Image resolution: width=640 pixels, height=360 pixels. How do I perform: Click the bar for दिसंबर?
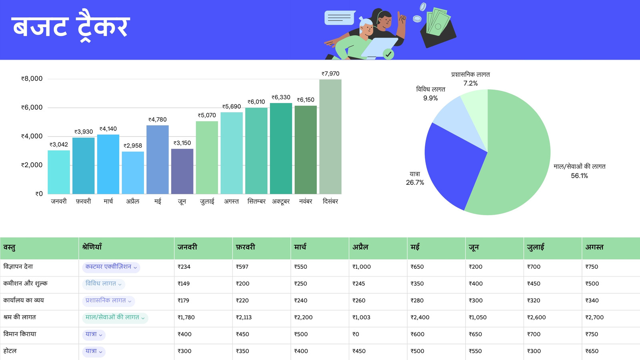(x=330, y=136)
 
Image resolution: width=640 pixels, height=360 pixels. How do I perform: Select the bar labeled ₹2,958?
(x=133, y=172)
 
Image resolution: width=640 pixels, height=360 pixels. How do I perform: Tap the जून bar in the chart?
(x=182, y=171)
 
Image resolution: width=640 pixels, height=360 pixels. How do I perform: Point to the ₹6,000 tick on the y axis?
(x=32, y=108)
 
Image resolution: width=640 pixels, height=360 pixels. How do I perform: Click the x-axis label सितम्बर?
(x=256, y=202)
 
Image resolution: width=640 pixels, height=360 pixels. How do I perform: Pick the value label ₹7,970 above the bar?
(x=330, y=74)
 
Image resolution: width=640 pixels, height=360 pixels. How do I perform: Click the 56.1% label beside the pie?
(x=579, y=176)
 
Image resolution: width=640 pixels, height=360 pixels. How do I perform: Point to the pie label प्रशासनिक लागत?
(x=470, y=74)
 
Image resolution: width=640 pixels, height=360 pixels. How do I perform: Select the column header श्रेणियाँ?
(x=92, y=247)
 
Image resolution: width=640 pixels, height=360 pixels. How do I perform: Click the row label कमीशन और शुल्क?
(x=25, y=284)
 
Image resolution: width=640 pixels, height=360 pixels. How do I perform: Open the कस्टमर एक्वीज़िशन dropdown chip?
(x=111, y=267)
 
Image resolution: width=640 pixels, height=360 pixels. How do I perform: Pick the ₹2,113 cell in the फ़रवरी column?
(x=244, y=318)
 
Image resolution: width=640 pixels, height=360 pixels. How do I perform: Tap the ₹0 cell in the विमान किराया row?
(x=356, y=334)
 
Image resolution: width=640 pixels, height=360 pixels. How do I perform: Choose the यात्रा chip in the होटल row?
(x=94, y=351)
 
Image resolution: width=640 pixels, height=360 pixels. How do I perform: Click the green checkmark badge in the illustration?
(x=388, y=54)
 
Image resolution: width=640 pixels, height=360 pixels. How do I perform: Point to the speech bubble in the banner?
(x=340, y=18)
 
